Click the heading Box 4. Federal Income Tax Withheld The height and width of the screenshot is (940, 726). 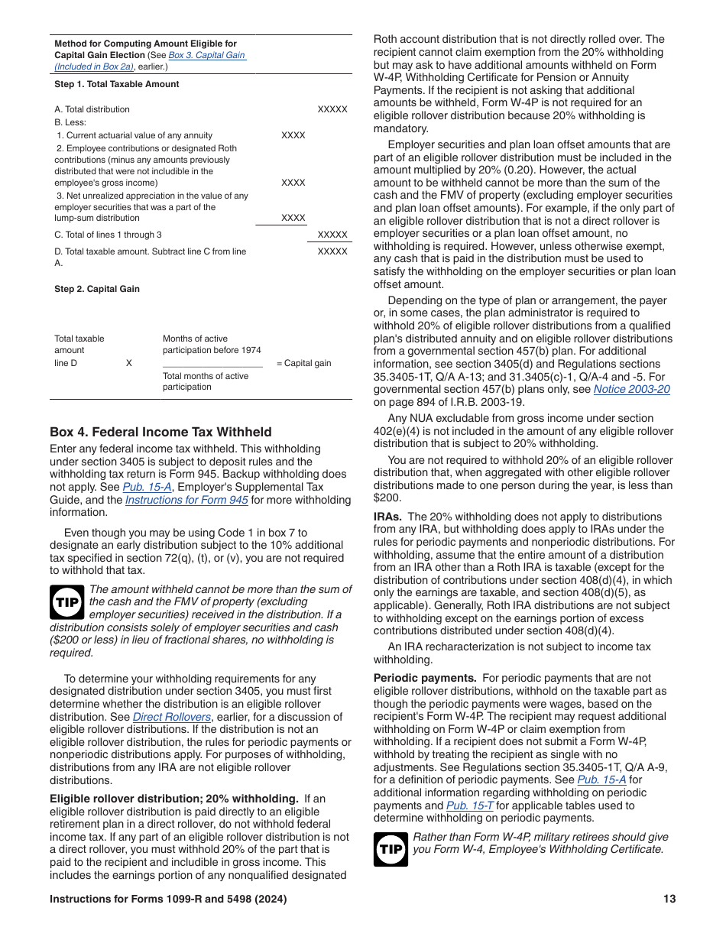click(x=160, y=433)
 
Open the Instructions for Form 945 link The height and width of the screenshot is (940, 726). click(x=186, y=500)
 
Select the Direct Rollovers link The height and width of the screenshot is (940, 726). click(x=172, y=717)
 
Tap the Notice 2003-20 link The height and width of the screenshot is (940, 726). click(x=631, y=389)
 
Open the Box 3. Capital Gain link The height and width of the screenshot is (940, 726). click(x=207, y=55)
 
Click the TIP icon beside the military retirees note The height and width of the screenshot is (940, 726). click(x=391, y=849)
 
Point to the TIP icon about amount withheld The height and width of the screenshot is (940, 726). click(x=67, y=603)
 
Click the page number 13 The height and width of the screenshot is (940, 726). click(x=669, y=899)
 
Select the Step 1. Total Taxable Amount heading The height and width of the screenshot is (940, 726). click(x=116, y=84)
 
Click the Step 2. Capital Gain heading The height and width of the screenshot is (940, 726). click(x=97, y=289)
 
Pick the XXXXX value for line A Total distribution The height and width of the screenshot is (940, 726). click(x=332, y=109)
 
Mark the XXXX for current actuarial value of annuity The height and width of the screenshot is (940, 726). click(x=293, y=135)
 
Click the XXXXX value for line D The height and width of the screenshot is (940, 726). click(x=332, y=251)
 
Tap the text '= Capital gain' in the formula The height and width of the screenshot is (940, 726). click(x=303, y=363)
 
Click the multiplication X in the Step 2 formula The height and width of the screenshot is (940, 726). click(x=128, y=363)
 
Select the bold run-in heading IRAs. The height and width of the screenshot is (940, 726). click(x=388, y=517)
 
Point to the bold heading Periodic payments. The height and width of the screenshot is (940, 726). click(x=425, y=678)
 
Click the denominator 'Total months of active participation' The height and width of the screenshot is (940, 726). click(x=205, y=381)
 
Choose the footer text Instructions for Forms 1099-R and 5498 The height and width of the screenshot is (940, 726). click(x=168, y=899)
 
